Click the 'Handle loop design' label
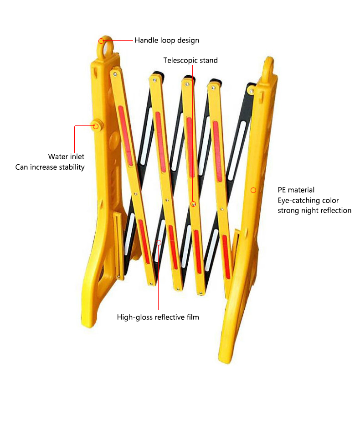[x=167, y=40]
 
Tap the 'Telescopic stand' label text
[x=190, y=60]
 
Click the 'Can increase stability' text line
[x=50, y=167]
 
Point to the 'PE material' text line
[x=296, y=190]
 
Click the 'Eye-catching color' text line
[x=309, y=200]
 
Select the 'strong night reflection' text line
[x=314, y=210]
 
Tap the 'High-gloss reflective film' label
[x=158, y=317]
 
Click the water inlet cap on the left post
[x=96, y=125]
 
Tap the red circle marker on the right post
[x=254, y=189]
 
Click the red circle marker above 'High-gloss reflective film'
[x=159, y=242]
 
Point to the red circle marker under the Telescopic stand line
[x=194, y=204]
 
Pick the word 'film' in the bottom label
[x=192, y=317]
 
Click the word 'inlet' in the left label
[x=76, y=157]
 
